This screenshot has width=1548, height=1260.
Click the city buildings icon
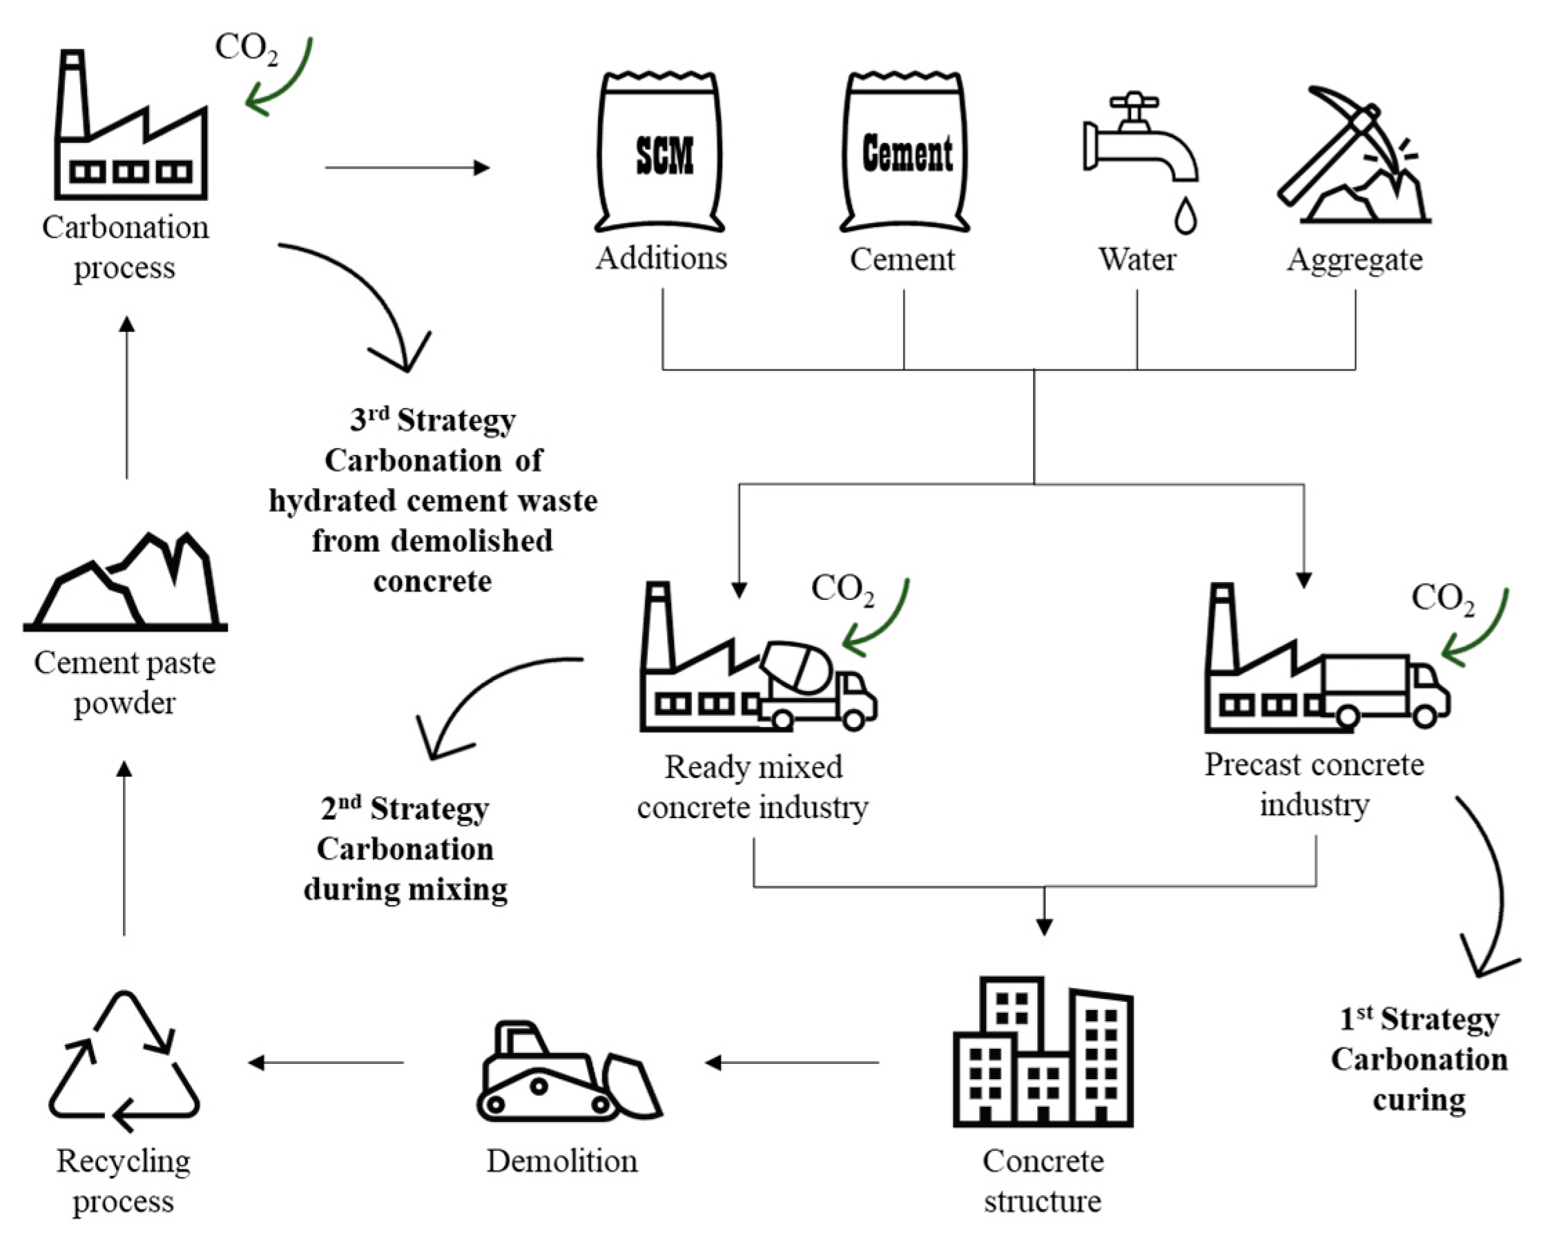point(1043,1052)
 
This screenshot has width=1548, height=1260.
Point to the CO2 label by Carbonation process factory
point(246,49)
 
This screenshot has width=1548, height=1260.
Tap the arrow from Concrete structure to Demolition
point(791,1063)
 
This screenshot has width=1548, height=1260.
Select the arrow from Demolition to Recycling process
point(327,1063)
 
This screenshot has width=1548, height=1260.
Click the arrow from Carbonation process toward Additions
point(407,168)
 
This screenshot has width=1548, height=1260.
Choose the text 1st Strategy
point(1419,1019)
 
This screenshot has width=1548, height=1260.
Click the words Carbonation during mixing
point(405,869)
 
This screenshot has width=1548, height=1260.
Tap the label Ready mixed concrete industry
point(753,787)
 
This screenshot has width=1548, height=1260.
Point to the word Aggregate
point(1354,260)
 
